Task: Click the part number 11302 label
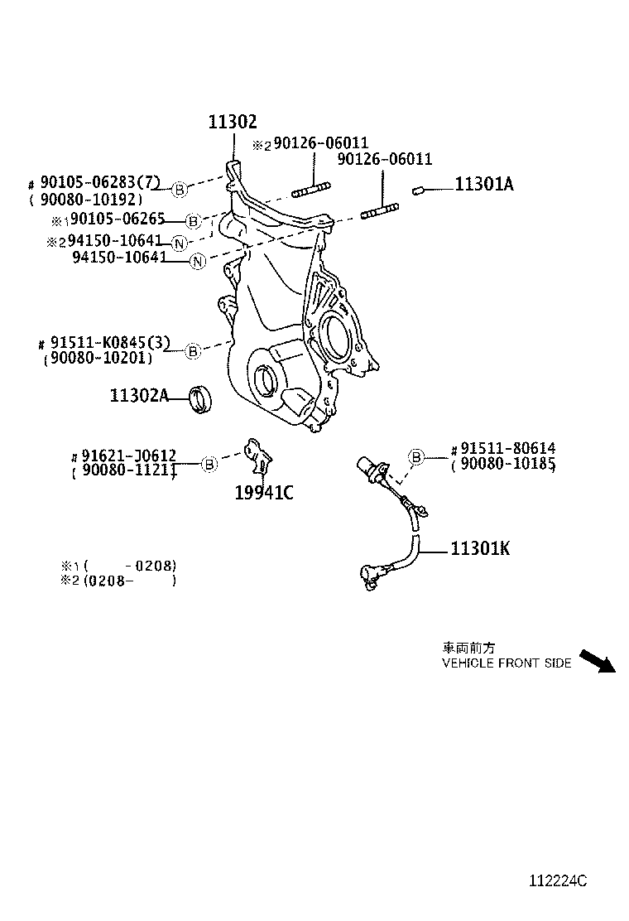pos(232,123)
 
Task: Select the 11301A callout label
pos(483,185)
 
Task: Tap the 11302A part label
pos(138,396)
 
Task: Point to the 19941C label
pos(264,494)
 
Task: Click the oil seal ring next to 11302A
pos(200,398)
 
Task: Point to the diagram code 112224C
pos(558,881)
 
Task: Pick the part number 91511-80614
pos(508,450)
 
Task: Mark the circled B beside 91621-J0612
pos(209,464)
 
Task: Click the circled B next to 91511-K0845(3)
pos(192,350)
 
